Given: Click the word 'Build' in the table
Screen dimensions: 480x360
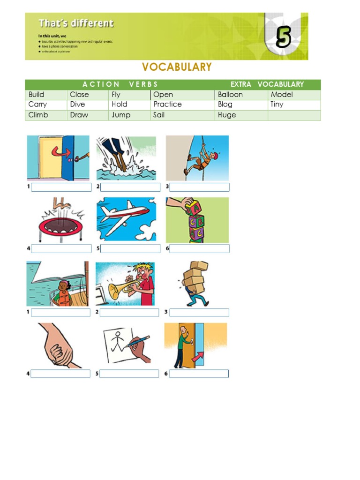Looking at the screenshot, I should point(37,95).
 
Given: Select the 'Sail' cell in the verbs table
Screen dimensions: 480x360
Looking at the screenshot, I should point(159,115).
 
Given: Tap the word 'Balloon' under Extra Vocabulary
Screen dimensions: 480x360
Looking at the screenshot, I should point(230,95).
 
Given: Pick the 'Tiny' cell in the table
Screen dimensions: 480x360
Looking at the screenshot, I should point(277,105).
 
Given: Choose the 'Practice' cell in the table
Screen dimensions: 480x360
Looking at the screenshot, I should point(167,105).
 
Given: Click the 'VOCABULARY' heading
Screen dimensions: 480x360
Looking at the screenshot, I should point(177,67).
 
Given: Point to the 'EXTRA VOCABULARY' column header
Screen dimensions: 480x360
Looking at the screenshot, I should point(267,84).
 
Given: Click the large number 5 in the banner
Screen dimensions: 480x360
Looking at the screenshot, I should point(283,37).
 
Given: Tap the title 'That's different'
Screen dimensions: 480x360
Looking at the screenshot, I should point(75,23).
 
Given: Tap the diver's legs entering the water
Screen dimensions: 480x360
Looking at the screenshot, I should point(120,155).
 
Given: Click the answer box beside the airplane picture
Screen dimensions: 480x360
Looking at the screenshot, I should point(130,248).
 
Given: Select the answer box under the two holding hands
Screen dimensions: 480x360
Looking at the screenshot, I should point(60,374).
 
